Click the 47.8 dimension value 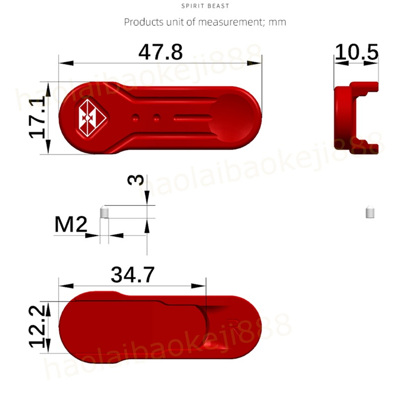[x=160, y=52]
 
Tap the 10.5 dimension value [x=356, y=52]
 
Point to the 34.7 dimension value [x=133, y=275]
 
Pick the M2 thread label [x=71, y=224]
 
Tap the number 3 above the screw [x=136, y=180]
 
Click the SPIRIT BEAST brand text [x=205, y=6]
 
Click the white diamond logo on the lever [x=92, y=118]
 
